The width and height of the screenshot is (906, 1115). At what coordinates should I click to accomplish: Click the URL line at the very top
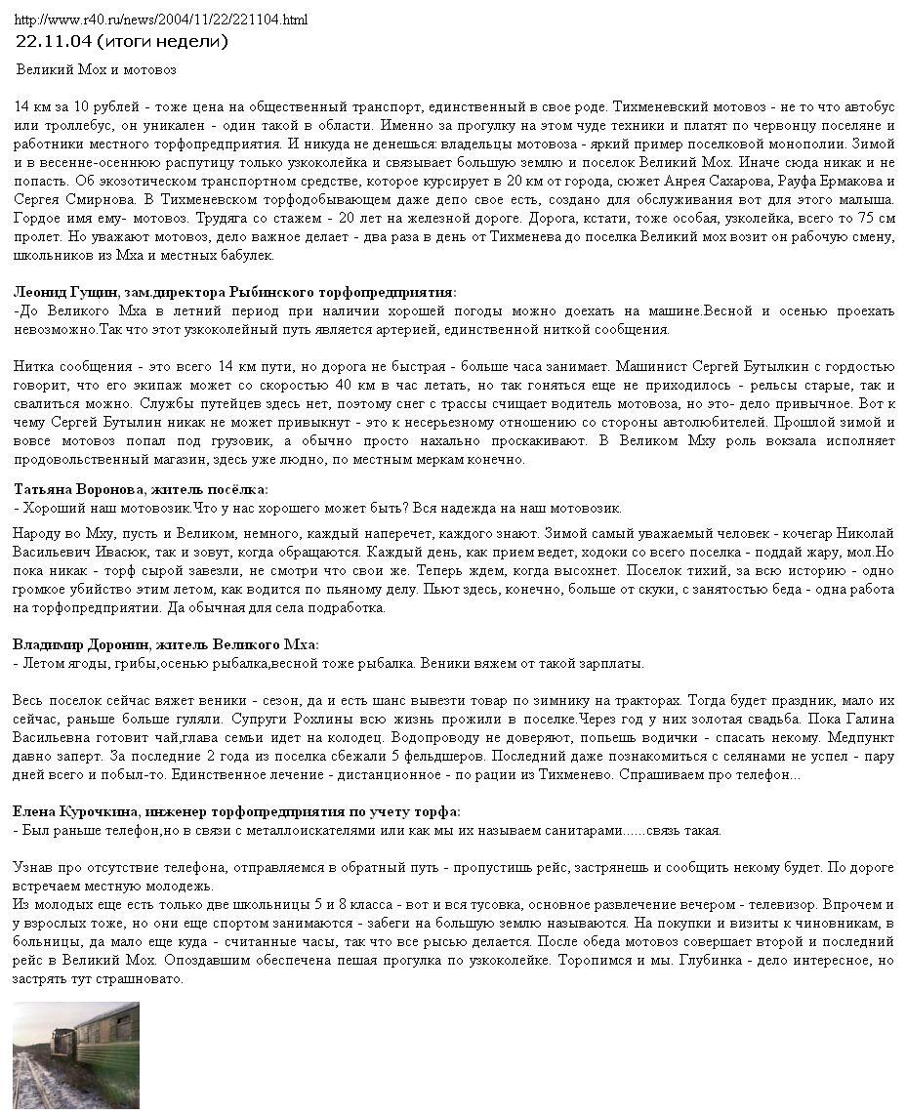click(161, 20)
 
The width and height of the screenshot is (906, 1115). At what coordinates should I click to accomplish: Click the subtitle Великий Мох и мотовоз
click(96, 70)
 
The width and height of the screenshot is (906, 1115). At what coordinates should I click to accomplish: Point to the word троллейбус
click(62, 125)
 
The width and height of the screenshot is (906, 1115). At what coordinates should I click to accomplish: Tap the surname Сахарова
click(771, 182)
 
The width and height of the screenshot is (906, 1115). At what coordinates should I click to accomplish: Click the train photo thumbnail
click(75, 1057)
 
